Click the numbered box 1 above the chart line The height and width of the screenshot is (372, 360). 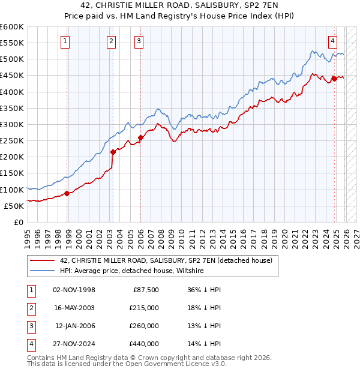coord(65,41)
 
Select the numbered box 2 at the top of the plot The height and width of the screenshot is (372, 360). coord(112,41)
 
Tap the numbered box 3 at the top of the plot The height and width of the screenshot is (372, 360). coord(139,41)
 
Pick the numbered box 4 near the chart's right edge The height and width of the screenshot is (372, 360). coord(332,41)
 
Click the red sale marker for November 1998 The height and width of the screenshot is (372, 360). coord(67,193)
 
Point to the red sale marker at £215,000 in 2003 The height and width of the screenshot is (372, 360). coord(113,152)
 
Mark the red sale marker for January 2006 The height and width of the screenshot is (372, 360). coord(140,137)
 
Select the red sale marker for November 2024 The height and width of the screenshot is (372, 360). coord(335,79)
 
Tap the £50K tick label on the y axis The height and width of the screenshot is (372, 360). coord(14,206)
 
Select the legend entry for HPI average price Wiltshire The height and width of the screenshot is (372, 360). coord(132,271)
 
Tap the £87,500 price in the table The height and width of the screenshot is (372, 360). coord(145,290)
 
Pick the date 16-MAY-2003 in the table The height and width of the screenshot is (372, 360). coord(74,307)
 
